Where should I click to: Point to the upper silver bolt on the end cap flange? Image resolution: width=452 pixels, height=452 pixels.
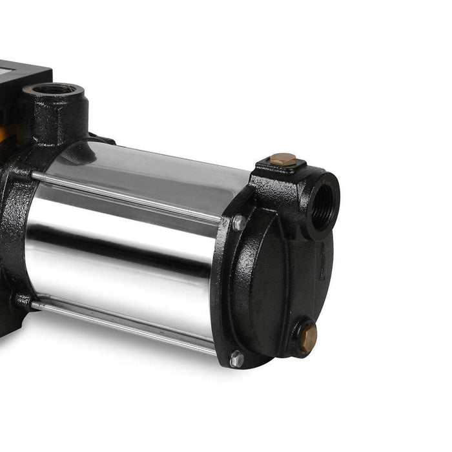(239, 223)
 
